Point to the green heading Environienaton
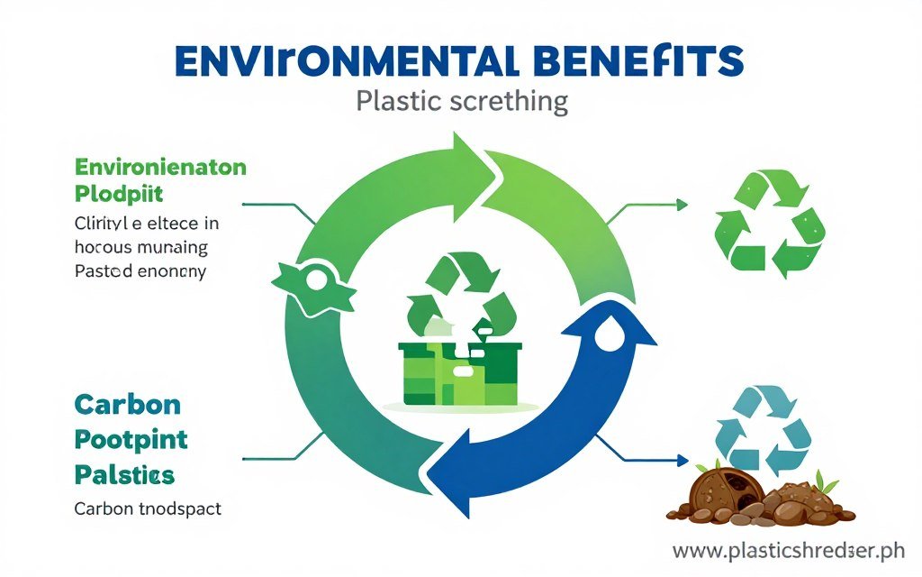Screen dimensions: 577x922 tap(161, 167)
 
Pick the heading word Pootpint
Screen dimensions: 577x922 tap(131, 439)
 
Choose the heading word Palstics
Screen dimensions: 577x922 tap(125, 472)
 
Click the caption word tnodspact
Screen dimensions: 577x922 tap(177, 508)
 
